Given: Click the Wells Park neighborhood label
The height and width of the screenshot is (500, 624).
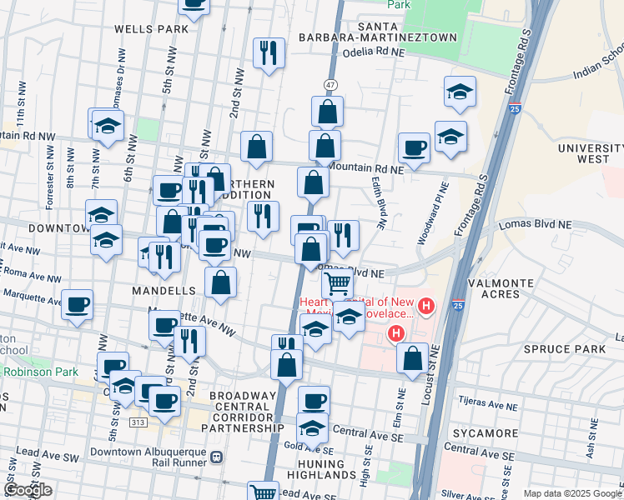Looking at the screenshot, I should click(x=151, y=29).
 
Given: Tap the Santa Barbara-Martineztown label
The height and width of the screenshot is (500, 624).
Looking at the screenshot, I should click(x=407, y=32).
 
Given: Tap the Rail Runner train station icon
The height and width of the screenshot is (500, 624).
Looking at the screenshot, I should click(x=217, y=457).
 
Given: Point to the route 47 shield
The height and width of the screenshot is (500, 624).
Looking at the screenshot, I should click(x=331, y=85).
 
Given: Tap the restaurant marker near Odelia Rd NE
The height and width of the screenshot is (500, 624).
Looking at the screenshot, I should click(x=269, y=53).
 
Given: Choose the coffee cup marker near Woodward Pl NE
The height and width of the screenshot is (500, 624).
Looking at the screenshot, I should click(x=414, y=147).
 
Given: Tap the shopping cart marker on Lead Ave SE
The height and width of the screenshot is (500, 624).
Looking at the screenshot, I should click(x=264, y=492).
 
